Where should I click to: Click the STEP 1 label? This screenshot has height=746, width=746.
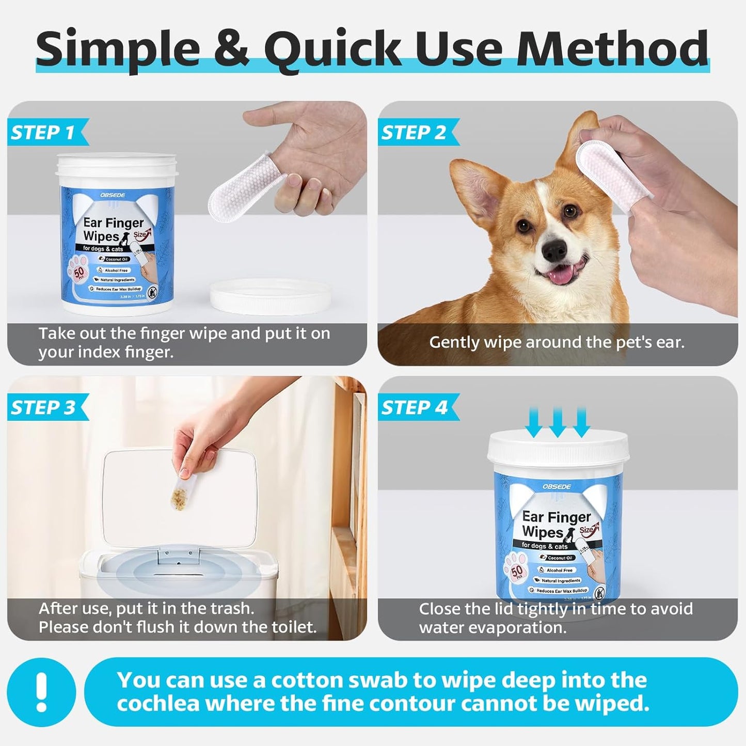pos(43,132)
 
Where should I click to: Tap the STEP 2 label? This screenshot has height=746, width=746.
pos(414,132)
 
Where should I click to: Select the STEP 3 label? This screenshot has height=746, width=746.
pos(43,407)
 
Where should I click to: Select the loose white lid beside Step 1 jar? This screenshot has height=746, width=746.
pos(270,295)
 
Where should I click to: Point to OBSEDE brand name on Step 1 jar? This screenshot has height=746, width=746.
pos(113,195)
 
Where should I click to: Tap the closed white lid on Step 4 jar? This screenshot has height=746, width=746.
pos(558,449)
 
